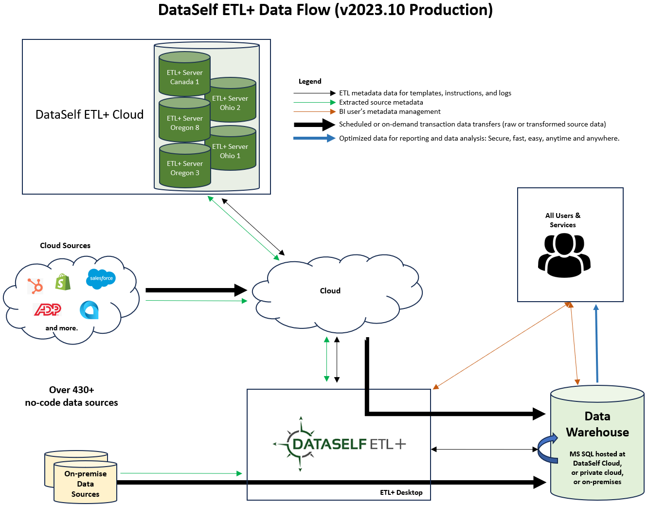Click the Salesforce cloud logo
click(101, 278)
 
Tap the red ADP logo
click(47, 309)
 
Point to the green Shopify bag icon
click(63, 282)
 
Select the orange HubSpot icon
click(35, 285)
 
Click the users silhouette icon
click(564, 255)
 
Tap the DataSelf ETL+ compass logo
click(300, 444)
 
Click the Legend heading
click(310, 81)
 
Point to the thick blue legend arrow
click(314, 138)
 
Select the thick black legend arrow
click(314, 125)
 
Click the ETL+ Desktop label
click(401, 492)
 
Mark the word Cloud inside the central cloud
click(330, 290)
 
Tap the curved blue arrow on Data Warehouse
click(547, 448)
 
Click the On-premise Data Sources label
click(85, 484)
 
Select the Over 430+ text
click(72, 390)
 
